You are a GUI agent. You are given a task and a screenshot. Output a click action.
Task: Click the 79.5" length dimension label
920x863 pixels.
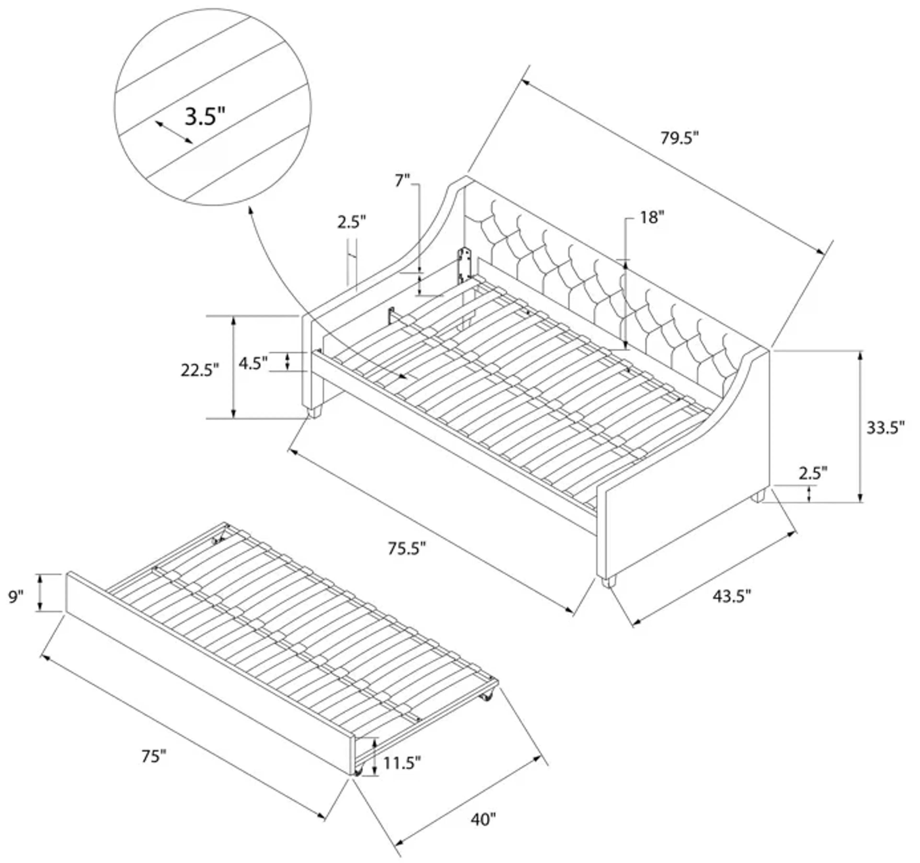point(679,138)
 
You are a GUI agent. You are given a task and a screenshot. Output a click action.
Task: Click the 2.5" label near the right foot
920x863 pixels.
point(813,473)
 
